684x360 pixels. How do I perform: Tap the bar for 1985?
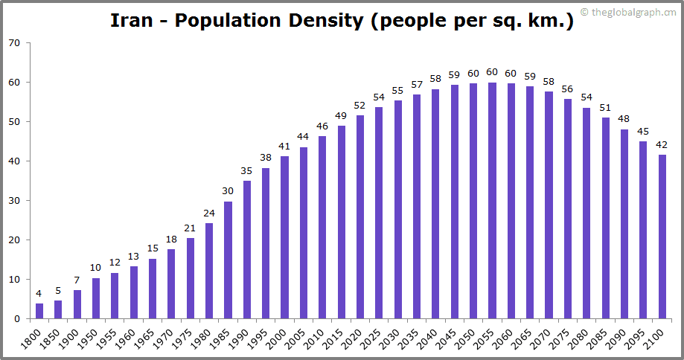click(228, 260)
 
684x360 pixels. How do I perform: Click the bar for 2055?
click(493, 201)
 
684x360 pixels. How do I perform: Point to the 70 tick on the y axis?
click(15, 43)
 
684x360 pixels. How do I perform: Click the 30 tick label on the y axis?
click(15, 201)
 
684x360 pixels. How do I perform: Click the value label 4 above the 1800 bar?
click(39, 294)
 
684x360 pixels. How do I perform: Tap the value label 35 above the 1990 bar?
click(247, 171)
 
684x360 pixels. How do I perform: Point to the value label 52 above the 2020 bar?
click(360, 105)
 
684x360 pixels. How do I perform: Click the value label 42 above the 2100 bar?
click(662, 145)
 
